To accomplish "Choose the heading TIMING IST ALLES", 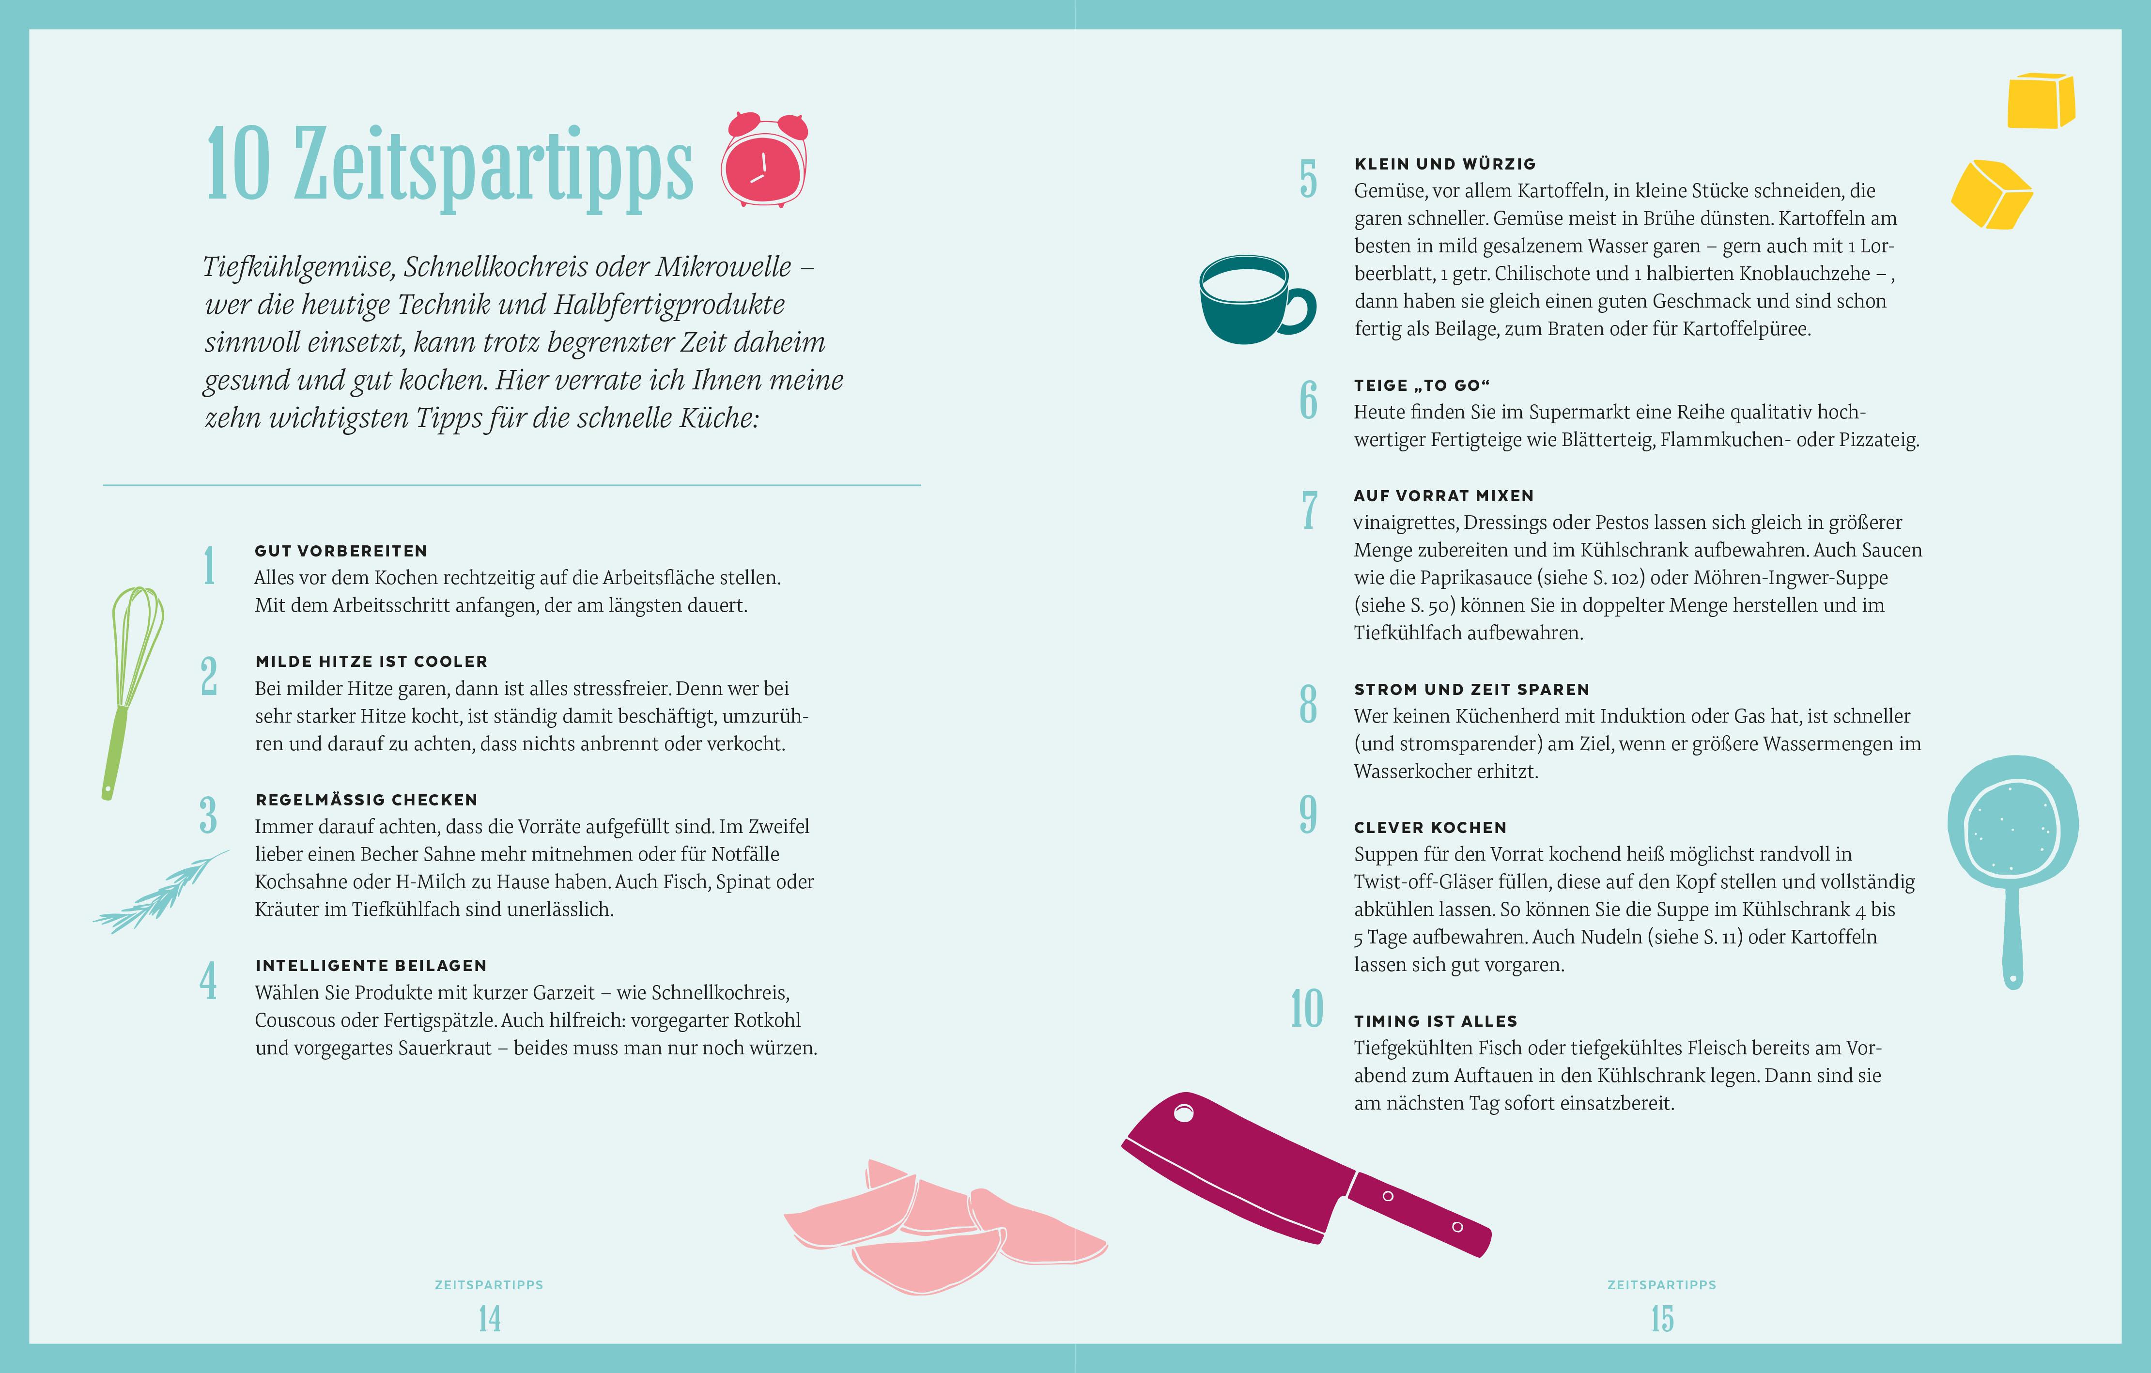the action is (x=1436, y=1021).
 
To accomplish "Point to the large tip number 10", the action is (x=1307, y=1008).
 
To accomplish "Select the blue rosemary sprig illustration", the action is (x=161, y=892).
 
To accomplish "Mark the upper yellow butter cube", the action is (x=2041, y=101).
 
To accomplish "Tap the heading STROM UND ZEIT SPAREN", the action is (x=1472, y=690).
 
